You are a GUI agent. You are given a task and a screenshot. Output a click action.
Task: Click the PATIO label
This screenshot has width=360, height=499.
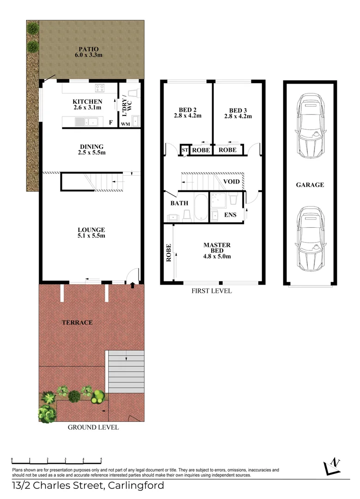88,49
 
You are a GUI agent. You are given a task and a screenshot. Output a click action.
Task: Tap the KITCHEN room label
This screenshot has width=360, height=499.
87,102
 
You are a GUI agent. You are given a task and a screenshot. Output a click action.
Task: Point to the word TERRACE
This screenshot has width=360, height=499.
78,322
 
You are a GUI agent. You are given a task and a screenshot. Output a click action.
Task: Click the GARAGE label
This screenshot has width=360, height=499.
310,185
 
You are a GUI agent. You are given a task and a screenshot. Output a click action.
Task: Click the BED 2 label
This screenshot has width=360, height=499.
188,110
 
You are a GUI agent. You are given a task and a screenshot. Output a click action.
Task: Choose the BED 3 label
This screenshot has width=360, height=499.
238,110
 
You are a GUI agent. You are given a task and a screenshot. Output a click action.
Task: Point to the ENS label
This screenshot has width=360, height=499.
230,215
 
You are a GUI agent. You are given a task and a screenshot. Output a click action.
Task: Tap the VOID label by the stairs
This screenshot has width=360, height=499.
232,182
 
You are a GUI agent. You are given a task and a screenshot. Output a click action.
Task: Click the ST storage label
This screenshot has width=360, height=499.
184,150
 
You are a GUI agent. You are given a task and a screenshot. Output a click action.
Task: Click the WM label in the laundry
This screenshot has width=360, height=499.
125,124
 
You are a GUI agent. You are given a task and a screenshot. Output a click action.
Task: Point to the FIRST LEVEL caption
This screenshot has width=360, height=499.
212,291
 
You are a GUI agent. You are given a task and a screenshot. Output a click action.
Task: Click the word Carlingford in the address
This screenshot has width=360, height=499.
135,486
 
